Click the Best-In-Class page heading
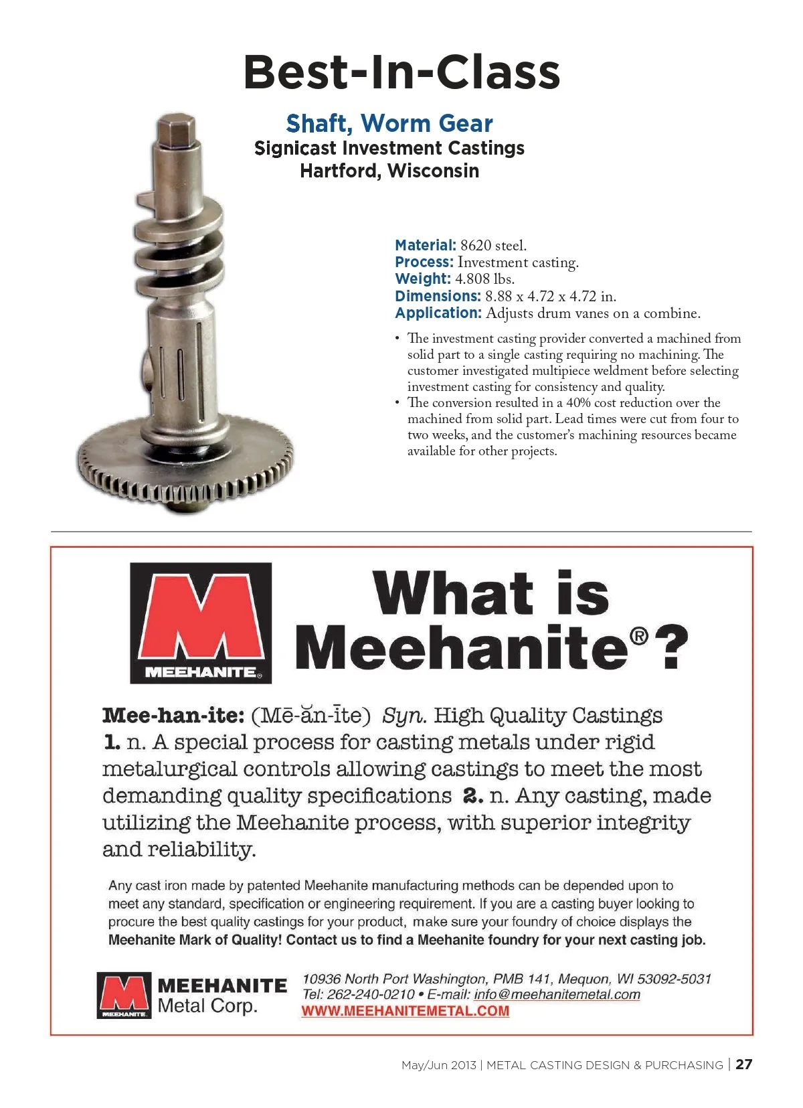(x=401, y=72)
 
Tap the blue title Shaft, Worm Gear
(x=389, y=124)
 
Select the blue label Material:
(x=426, y=246)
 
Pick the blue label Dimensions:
(x=438, y=296)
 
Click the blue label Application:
(x=438, y=313)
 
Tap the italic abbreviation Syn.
(x=404, y=716)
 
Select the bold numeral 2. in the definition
(x=472, y=796)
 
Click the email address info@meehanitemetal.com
(x=557, y=995)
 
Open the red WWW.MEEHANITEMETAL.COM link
(x=405, y=1011)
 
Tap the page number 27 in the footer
(x=743, y=1064)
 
